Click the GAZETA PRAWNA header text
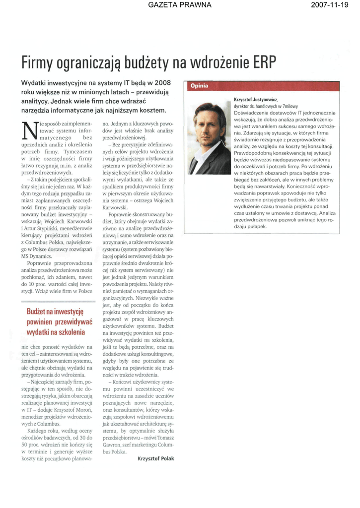point(180,5)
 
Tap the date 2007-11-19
point(330,5)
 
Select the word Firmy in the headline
point(37,63)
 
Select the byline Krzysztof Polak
point(156,459)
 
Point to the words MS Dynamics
point(37,255)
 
